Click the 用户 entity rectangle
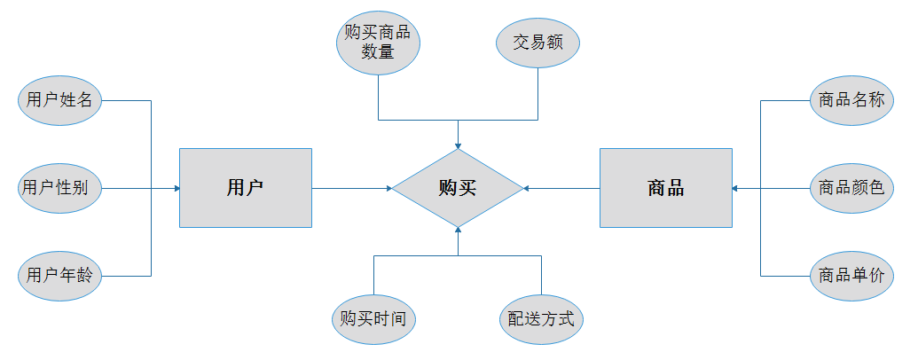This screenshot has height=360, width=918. (246, 188)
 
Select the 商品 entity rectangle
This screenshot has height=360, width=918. (666, 188)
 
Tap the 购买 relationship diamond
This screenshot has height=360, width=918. (458, 188)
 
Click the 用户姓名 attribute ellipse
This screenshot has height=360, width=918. (59, 100)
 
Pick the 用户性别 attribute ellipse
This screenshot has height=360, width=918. (59, 188)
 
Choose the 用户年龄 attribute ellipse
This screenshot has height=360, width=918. (59, 276)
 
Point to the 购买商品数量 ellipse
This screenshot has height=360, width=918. (378, 43)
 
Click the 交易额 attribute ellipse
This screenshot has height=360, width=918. (538, 43)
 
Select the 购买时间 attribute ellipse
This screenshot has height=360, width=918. (373, 319)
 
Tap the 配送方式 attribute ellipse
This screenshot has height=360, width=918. (542, 319)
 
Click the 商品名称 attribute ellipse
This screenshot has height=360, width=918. (851, 100)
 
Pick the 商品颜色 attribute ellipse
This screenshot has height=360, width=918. (851, 188)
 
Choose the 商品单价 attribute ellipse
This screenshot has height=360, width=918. (851, 276)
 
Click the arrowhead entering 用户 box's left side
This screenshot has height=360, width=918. (177, 189)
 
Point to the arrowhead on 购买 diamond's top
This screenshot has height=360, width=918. (458, 145)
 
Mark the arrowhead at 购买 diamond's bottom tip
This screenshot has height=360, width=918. (458, 231)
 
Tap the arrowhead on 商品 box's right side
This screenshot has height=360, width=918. (735, 189)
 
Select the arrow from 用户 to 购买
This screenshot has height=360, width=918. (352, 189)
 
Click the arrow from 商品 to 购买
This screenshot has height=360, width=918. (561, 189)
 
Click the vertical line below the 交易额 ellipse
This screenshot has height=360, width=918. (538, 94)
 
